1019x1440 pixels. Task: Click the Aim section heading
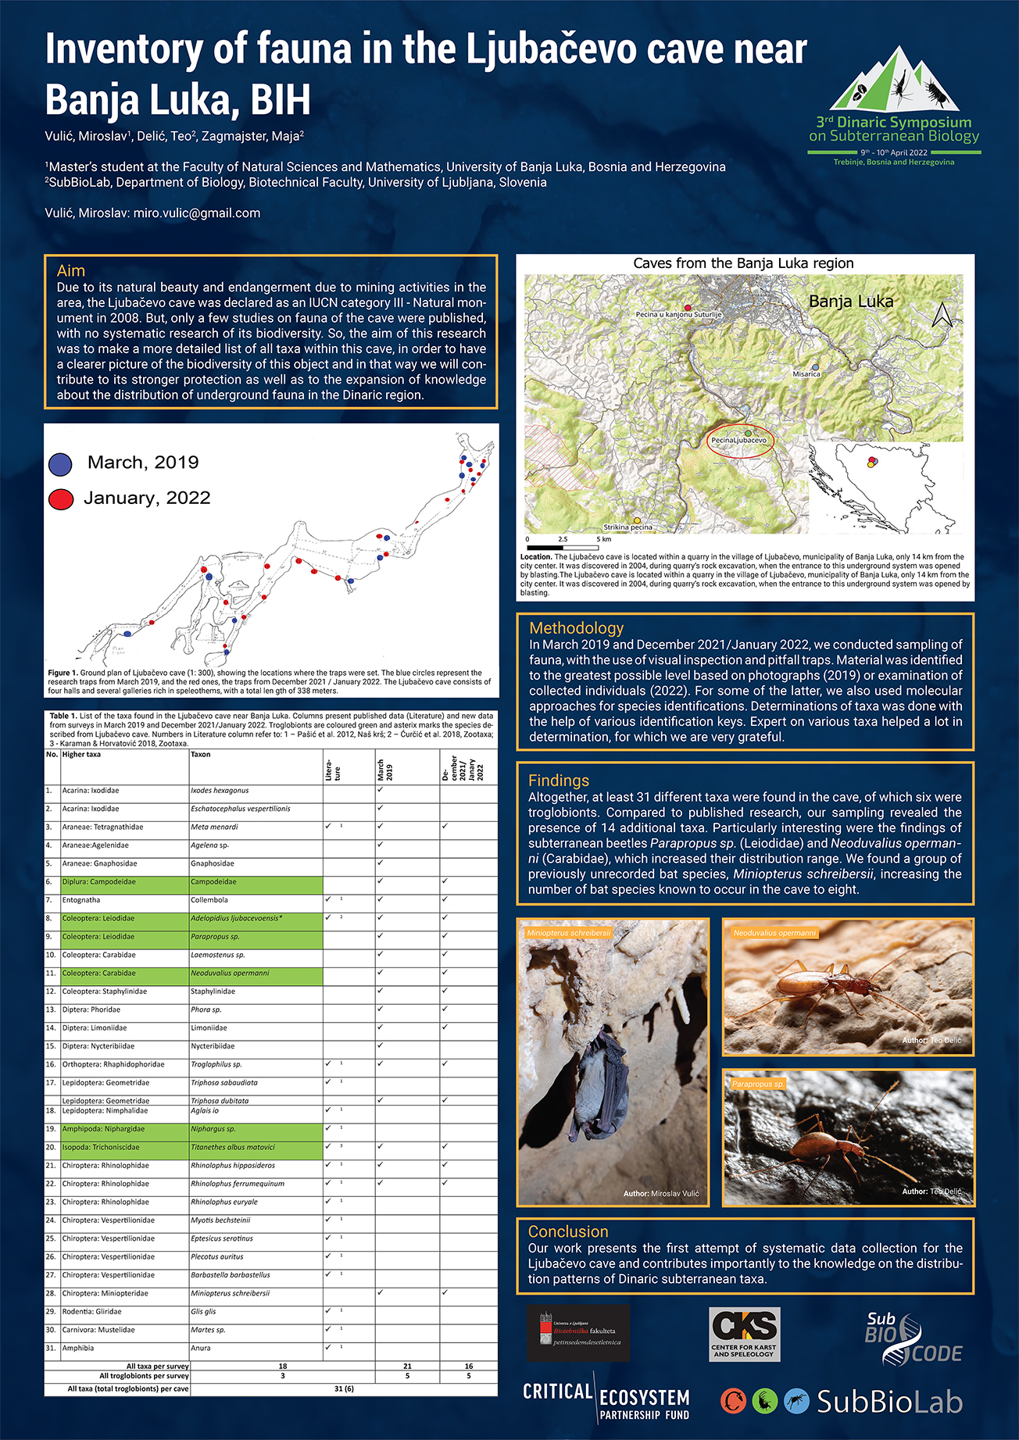click(70, 271)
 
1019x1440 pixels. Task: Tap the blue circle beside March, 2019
click(60, 464)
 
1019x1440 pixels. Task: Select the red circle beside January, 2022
click(60, 499)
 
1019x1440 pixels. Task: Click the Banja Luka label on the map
click(850, 302)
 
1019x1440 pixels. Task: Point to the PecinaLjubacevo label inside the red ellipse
click(738, 441)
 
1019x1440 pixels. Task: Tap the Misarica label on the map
click(806, 374)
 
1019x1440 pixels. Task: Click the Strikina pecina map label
click(627, 527)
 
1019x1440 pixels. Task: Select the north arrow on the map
click(942, 314)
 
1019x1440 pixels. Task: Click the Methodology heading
click(576, 628)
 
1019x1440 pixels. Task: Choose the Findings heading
click(558, 781)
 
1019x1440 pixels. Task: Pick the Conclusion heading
click(567, 1231)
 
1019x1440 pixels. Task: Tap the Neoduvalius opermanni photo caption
click(774, 933)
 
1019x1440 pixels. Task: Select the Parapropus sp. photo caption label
click(757, 1084)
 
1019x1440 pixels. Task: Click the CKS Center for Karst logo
click(744, 1334)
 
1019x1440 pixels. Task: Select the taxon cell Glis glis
click(203, 1312)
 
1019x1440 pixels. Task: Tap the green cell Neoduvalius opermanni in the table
click(230, 974)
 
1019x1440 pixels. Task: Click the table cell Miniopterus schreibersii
click(230, 1294)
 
